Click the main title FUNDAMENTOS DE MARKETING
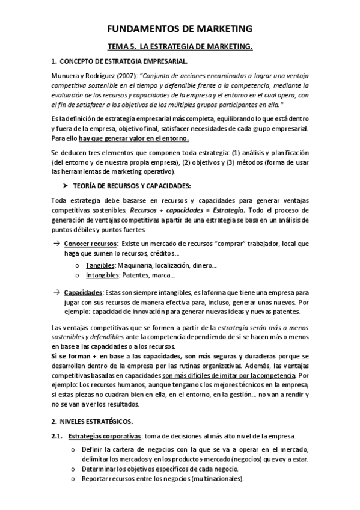[180, 28]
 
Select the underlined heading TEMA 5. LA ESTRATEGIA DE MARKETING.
[180, 46]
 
